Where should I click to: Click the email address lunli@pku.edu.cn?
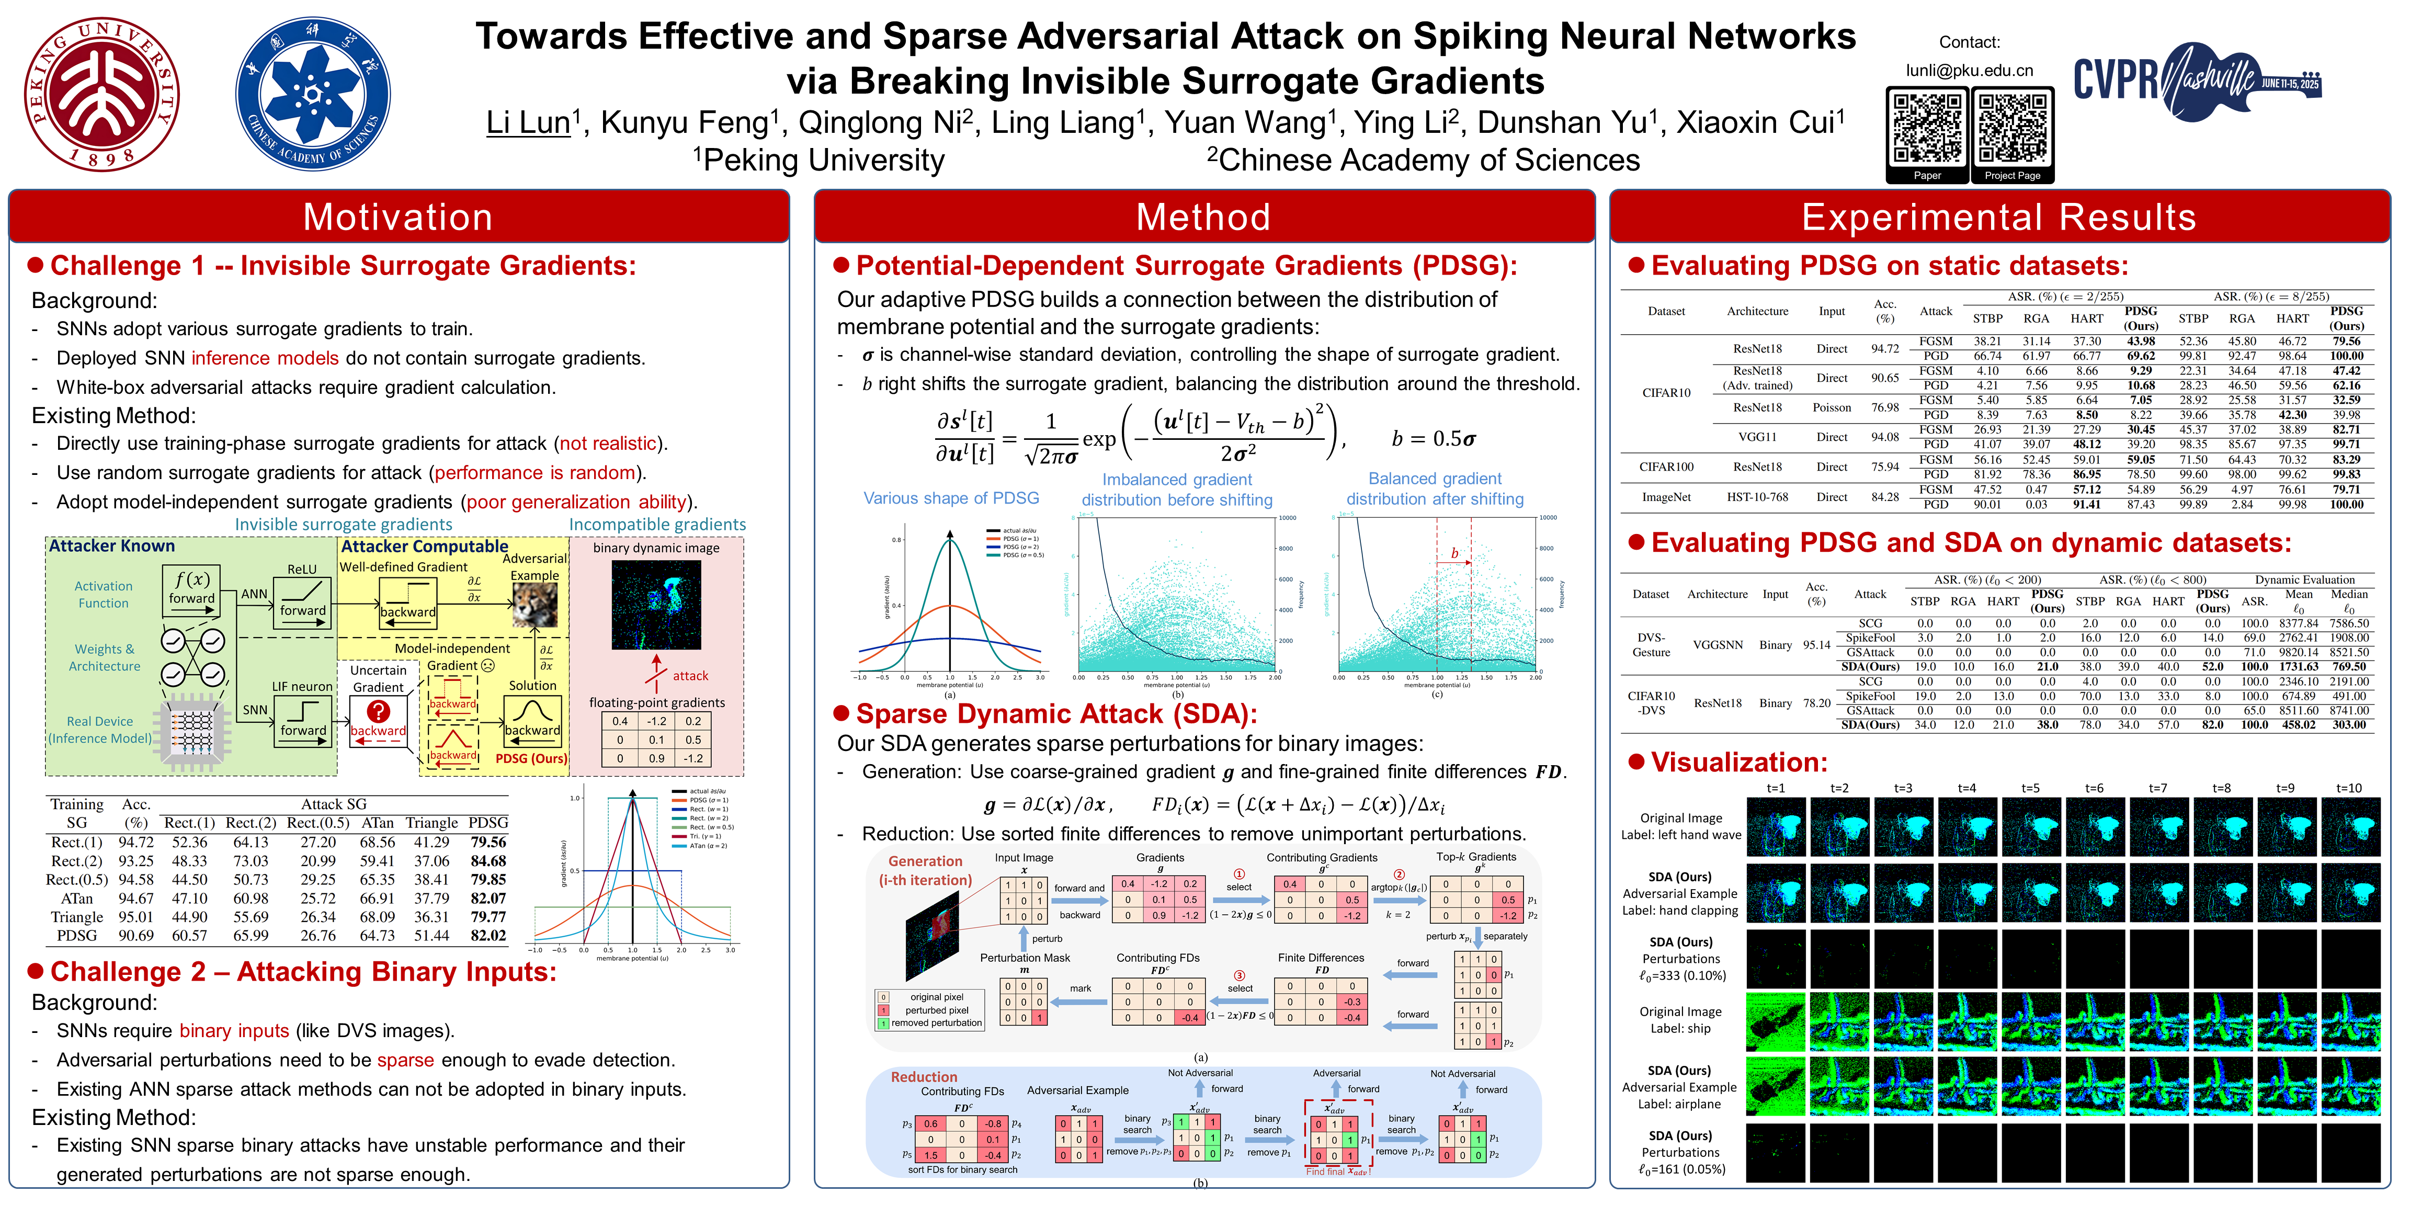(1969, 70)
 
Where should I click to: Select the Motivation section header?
(399, 217)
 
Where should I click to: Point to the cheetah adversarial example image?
(535, 605)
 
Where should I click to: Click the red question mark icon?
(378, 712)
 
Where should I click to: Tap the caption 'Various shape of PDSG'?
(950, 498)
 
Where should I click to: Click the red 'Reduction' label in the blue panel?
(924, 1077)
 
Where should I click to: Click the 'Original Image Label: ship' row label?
(1680, 1020)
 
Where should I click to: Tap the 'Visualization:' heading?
(1738, 763)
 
